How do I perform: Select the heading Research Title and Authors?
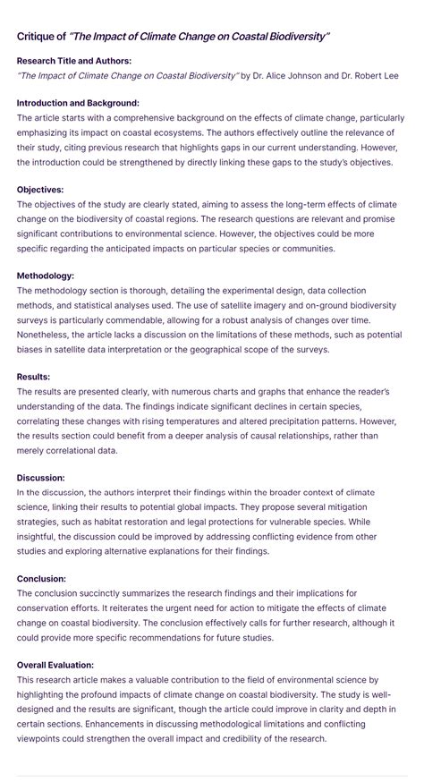click(x=73, y=61)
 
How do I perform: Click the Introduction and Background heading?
click(x=78, y=104)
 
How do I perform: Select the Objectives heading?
click(x=39, y=191)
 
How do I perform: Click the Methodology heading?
click(x=45, y=276)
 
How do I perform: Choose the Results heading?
click(x=33, y=377)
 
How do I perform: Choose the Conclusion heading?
click(x=42, y=579)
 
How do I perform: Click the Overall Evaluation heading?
click(x=55, y=665)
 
